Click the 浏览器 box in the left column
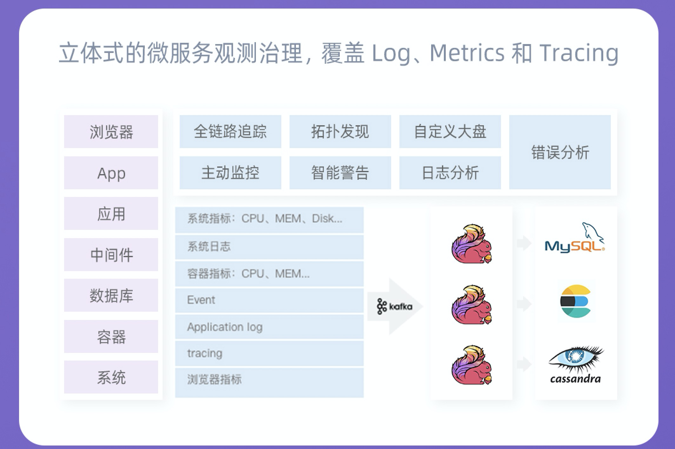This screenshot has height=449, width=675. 111,132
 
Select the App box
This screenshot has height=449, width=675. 111,173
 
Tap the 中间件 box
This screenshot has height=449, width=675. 111,255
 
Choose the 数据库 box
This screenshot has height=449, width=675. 111,295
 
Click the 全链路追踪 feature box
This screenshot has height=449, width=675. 230,132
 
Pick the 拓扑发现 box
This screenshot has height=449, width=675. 340,132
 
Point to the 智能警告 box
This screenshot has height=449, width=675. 340,173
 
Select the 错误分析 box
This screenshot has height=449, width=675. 560,152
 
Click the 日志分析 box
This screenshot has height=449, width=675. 450,173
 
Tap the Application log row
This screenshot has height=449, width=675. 269,327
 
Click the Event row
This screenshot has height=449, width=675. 269,300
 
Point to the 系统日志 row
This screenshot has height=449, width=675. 269,247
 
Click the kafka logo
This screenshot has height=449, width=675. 395,306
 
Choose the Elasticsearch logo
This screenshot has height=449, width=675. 575,301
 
